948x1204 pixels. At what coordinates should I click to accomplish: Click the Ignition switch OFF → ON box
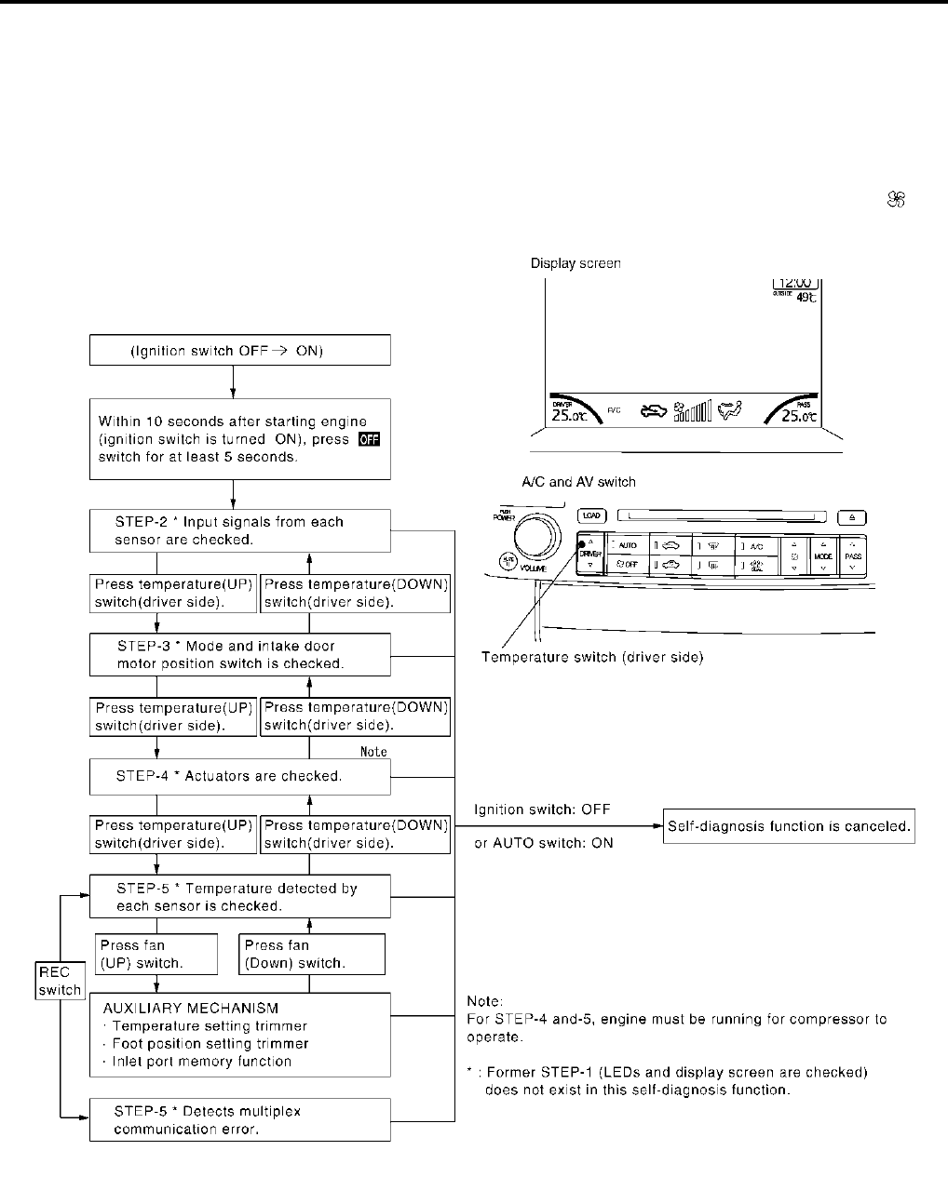click(239, 351)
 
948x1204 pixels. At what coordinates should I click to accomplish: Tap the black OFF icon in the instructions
click(369, 439)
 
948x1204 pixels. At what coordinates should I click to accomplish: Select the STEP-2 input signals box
click(239, 530)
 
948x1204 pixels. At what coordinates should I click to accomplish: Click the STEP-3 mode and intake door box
click(239, 654)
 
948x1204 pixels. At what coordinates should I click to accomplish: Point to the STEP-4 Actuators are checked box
click(239, 776)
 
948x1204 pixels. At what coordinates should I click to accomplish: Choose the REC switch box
click(60, 981)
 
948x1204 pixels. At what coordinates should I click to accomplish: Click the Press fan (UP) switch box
click(156, 954)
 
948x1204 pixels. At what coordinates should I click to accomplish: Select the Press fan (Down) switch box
click(312, 954)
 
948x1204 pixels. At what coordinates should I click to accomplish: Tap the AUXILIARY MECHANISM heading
click(190, 1008)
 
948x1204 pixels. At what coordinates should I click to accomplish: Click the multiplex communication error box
click(239, 1119)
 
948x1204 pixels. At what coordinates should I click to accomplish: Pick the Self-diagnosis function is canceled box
click(789, 826)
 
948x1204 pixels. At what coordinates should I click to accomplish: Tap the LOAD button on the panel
click(590, 515)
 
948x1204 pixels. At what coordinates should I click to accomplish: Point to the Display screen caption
click(576, 263)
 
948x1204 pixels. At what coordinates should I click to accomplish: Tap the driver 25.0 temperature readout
click(568, 415)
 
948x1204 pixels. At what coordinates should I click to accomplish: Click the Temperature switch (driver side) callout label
click(591, 658)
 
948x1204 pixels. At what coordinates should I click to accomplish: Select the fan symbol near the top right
click(898, 199)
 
